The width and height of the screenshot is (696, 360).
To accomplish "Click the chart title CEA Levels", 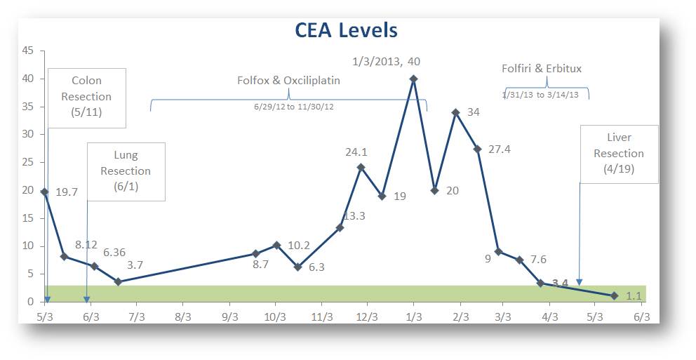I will coord(347,31).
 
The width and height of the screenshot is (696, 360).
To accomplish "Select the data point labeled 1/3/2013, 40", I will coord(413,79).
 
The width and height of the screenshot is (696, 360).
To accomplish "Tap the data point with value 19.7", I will coord(44,192).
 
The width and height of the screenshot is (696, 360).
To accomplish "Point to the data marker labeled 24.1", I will coord(361,167).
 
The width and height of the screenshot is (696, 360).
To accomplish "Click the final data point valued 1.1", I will coord(614,295).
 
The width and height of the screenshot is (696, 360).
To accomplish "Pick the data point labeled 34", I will coord(455,112).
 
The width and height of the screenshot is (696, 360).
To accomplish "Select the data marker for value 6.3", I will coord(297,267).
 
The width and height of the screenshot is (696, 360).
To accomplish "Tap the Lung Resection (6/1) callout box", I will coord(126,171).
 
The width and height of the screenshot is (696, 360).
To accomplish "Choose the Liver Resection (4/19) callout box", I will coord(619,154).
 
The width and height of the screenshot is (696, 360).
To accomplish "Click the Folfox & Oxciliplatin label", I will coord(288,80).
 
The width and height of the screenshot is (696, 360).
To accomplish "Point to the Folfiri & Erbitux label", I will coord(541,69).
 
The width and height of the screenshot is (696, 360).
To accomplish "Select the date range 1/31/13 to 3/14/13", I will coord(540,95).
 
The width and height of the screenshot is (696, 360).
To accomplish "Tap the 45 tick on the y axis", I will coord(28,51).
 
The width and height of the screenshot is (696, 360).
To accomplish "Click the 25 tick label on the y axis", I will coord(28,162).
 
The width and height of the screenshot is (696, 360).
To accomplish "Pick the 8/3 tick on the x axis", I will coord(183,316).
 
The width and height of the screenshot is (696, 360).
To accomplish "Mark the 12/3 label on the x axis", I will coord(367,316).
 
